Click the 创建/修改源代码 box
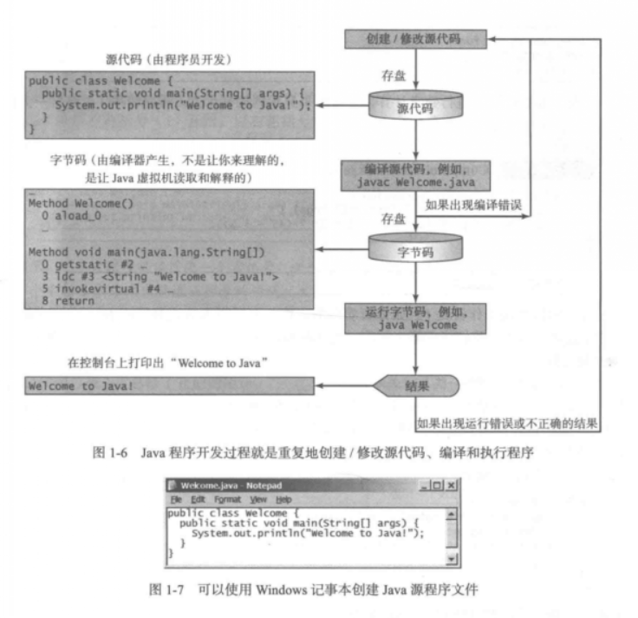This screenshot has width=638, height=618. pos(416,39)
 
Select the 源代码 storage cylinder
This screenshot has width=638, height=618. pos(416,108)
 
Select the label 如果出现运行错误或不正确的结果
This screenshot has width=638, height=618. pos(507,424)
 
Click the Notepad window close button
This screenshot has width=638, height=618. pos(451,486)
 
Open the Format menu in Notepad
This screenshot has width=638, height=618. pos(228,500)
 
